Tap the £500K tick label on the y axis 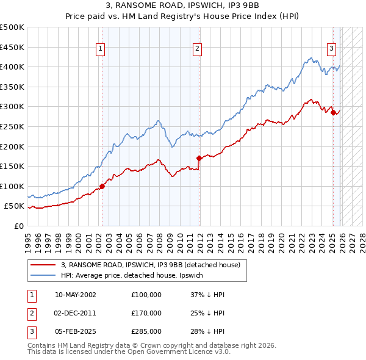(12, 27)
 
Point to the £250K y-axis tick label (12, 126)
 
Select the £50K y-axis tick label (15, 206)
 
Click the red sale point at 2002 (102, 186)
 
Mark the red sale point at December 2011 (199, 158)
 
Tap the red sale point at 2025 (333, 112)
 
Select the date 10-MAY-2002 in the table (75, 295)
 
